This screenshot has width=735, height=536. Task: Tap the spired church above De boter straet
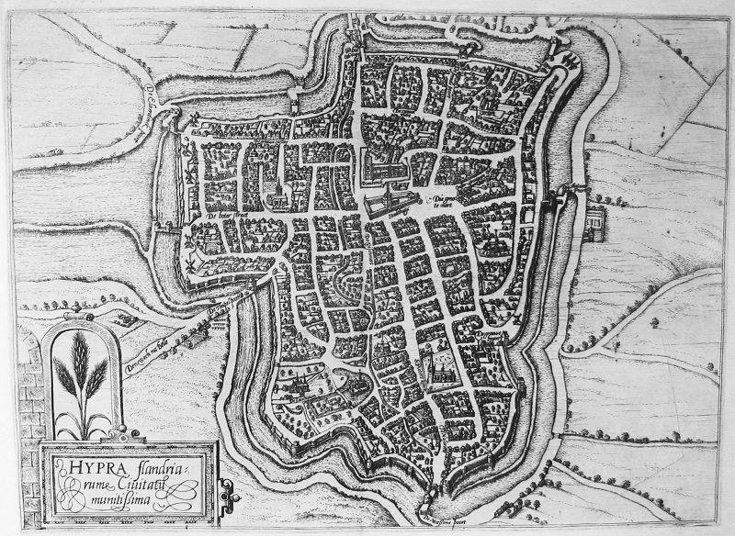[278, 188]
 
